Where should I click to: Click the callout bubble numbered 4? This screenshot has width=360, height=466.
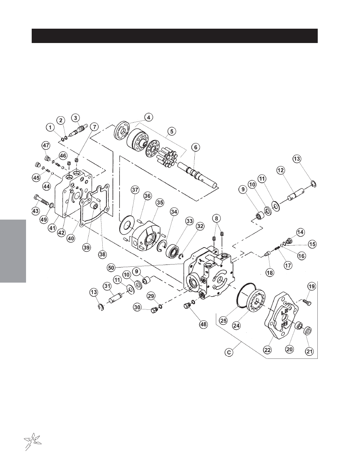point(149,117)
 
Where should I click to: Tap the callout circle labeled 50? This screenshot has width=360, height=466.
point(111,268)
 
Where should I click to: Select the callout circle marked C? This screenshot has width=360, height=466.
point(229,352)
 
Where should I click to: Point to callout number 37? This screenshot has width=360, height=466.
point(135,190)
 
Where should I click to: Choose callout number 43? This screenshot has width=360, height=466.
point(35,211)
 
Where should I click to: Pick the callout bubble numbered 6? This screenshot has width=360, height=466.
point(195,147)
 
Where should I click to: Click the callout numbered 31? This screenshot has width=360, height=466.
point(107,286)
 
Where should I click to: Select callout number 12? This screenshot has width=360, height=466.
point(280,171)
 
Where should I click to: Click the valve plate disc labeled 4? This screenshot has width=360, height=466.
point(122,131)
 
